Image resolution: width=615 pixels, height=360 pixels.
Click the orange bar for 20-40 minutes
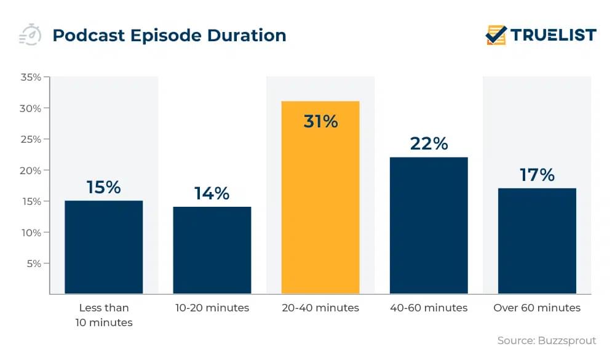click(320, 197)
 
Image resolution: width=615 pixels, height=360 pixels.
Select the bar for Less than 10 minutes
click(104, 247)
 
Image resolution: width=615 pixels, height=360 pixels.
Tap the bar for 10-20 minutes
click(212, 250)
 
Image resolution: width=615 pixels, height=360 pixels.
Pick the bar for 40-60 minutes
click(429, 225)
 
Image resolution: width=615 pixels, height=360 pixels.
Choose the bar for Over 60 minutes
click(537, 241)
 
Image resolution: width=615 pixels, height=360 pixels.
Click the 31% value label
click(320, 121)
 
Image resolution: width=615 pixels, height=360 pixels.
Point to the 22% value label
click(429, 143)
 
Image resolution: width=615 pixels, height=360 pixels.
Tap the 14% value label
click(212, 193)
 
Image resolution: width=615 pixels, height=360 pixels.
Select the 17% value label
click(537, 175)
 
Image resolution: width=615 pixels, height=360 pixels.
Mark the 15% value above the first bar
click(104, 187)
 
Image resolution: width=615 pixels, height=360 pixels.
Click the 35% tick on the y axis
click(31, 78)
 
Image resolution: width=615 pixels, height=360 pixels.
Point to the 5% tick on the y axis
click(33, 263)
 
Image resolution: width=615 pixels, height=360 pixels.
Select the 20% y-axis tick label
click(31, 170)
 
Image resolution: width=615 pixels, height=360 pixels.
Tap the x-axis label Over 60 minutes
click(537, 308)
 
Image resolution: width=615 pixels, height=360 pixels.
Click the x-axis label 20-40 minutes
click(320, 308)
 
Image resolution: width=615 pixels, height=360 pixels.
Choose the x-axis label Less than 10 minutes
click(104, 314)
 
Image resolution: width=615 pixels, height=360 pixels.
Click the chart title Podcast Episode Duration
click(169, 36)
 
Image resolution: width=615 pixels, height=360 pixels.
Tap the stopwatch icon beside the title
click(30, 35)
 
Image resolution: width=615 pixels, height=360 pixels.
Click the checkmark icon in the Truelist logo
click(496, 35)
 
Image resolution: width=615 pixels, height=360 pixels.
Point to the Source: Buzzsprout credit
click(547, 340)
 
